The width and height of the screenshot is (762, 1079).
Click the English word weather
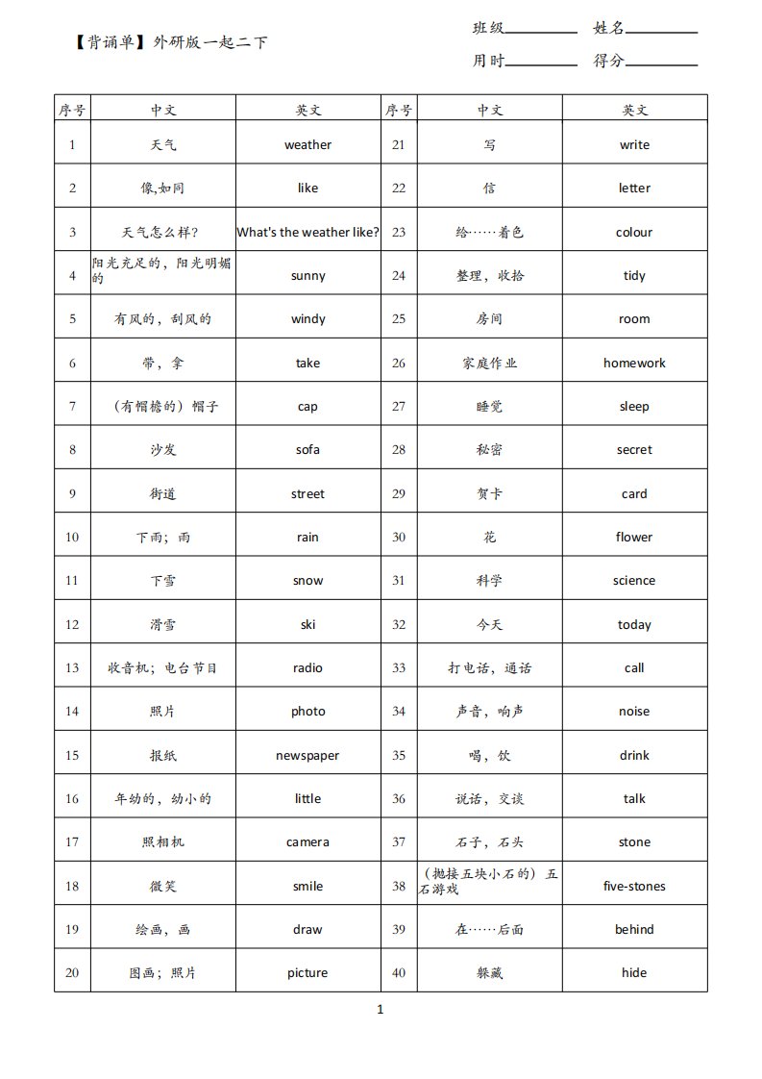[307, 145]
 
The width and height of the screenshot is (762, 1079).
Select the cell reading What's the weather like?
[307, 232]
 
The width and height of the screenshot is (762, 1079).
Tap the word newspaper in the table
[307, 755]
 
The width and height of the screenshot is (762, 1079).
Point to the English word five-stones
[634, 886]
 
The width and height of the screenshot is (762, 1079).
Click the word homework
[634, 363]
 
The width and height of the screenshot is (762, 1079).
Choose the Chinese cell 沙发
[163, 450]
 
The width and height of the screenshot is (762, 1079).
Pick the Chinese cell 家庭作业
[489, 363]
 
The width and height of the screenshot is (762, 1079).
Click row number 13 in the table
[72, 668]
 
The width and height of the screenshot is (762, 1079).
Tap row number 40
[399, 972]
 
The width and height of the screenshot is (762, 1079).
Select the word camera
[307, 842]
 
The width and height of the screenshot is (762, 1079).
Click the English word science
[634, 581]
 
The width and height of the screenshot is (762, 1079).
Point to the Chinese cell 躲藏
[489, 972]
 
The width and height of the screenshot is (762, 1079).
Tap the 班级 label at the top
[488, 28]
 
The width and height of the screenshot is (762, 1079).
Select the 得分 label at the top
[609, 61]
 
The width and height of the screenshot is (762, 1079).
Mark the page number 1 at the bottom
[381, 1009]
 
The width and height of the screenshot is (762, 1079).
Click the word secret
[634, 450]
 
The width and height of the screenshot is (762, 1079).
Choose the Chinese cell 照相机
[163, 842]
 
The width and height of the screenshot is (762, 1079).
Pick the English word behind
[634, 929]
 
